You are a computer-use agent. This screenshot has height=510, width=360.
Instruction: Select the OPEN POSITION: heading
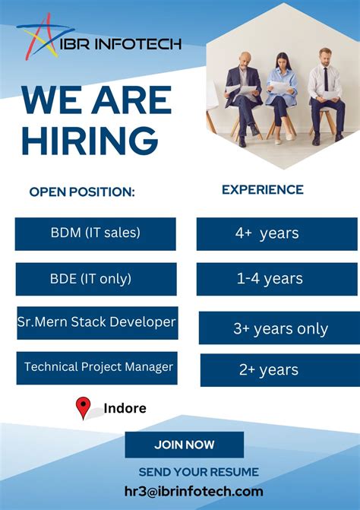tap(82, 192)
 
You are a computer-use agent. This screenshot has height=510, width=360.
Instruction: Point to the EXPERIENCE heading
tap(262, 190)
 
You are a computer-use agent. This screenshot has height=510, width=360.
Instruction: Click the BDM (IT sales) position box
tap(96, 233)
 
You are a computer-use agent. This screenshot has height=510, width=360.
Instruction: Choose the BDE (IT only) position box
tap(96, 279)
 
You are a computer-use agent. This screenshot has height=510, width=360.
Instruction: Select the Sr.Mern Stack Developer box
tap(96, 322)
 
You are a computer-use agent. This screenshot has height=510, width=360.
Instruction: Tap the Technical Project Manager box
tap(97, 367)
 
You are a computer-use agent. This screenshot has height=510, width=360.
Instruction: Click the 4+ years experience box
tap(277, 233)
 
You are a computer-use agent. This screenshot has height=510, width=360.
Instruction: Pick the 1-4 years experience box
tap(277, 279)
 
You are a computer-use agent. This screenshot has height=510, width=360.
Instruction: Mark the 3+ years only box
tap(279, 328)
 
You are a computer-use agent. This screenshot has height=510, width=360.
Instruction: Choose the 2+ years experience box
tap(279, 370)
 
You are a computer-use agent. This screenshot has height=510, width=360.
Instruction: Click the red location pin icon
tap(84, 408)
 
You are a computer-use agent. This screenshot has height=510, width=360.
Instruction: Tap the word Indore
tap(125, 409)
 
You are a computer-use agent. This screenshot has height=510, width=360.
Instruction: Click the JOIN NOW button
tap(185, 445)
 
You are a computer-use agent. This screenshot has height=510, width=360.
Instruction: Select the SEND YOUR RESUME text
tap(199, 472)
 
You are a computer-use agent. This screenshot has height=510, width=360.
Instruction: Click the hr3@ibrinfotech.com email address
tap(194, 492)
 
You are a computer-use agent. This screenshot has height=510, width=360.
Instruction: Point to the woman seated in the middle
tap(281, 95)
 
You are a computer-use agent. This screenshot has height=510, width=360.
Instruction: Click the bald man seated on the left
tap(245, 95)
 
